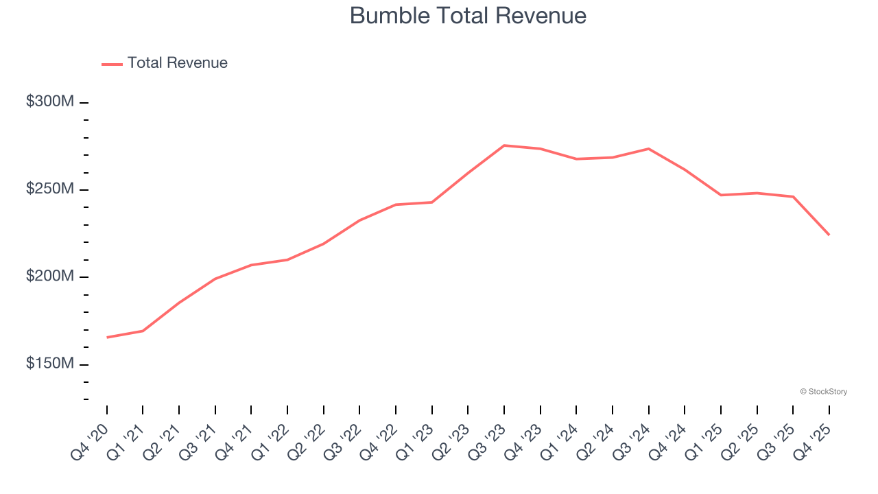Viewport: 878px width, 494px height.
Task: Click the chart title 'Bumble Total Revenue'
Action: [x=468, y=16]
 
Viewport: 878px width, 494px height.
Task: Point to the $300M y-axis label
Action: [x=50, y=102]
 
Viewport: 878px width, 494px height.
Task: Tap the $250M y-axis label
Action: [x=50, y=189]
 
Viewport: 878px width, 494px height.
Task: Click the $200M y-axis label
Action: [x=50, y=276]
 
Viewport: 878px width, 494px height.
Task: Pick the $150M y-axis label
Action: [x=50, y=363]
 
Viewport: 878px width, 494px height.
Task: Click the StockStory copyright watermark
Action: [x=823, y=392]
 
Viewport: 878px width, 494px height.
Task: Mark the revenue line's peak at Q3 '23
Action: [x=504, y=145]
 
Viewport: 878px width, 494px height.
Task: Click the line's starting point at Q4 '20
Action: [x=107, y=338]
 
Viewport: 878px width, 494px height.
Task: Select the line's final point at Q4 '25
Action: [x=829, y=235]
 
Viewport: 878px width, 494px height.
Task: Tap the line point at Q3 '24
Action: [x=648, y=149]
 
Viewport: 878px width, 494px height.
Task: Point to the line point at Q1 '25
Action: [x=721, y=195]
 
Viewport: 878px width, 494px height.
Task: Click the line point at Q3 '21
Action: [x=215, y=279]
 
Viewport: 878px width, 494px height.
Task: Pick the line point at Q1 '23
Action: [x=432, y=202]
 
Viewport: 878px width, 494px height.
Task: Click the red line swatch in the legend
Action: [x=112, y=64]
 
